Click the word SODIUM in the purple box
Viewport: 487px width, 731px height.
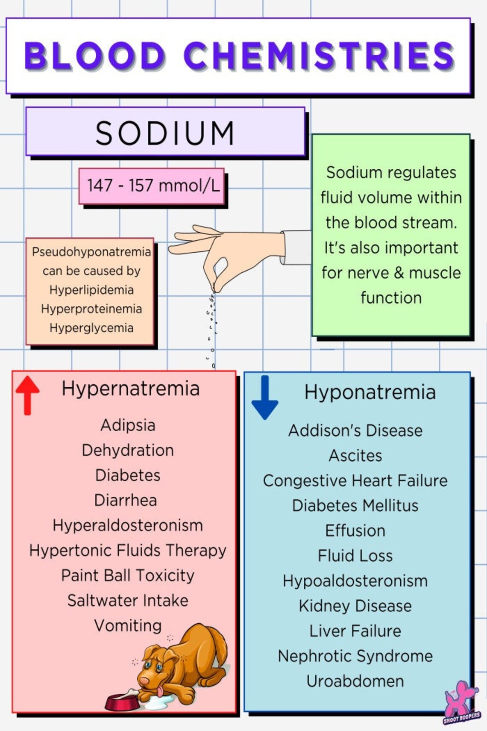[x=165, y=133]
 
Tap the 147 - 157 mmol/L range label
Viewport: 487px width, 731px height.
[x=153, y=186]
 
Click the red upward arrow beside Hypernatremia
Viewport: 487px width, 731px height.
[x=27, y=394]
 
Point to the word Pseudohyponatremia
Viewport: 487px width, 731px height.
[x=91, y=252]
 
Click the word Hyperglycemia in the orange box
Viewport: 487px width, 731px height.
[x=91, y=328]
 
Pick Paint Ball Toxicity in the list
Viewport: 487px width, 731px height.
[x=127, y=575]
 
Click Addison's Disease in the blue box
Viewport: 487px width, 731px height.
[x=355, y=430]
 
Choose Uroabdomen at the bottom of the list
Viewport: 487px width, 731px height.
[x=355, y=681]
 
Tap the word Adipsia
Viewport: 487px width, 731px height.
[x=127, y=425]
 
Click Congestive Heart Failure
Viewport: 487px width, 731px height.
[x=355, y=480]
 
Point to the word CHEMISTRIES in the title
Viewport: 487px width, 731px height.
[x=319, y=56]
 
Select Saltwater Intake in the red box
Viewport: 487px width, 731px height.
[x=127, y=601]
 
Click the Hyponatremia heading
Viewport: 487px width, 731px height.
[x=370, y=392]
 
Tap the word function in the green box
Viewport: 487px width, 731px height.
[x=391, y=298]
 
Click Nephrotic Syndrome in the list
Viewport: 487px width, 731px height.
[x=355, y=656]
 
